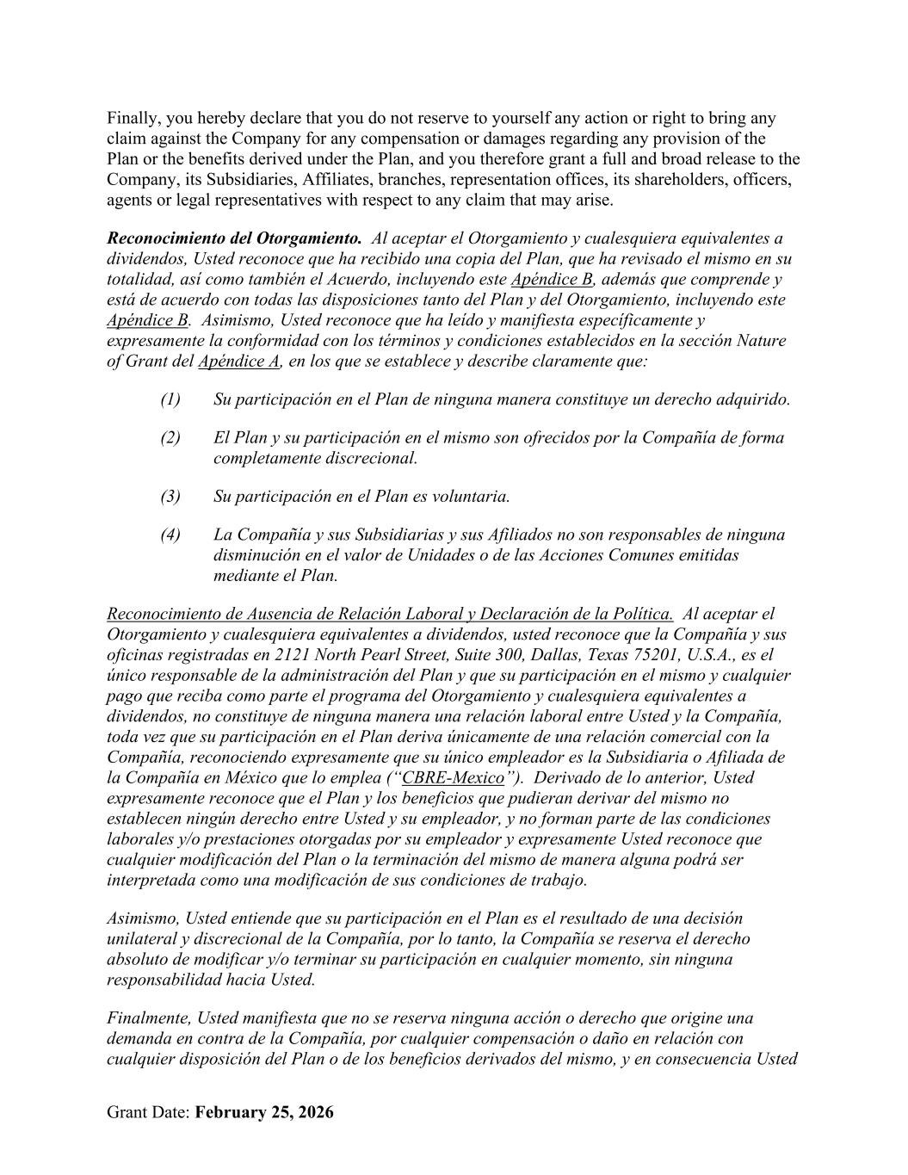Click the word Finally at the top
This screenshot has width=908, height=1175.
[133, 118]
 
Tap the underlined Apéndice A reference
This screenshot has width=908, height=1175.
[238, 362]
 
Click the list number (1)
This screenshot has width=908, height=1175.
[170, 399]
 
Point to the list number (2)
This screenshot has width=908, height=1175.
[170, 437]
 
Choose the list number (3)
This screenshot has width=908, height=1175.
[170, 497]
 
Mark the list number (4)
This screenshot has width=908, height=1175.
[170, 535]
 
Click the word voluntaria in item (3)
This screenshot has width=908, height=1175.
[472, 497]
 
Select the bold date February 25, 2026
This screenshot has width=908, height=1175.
[264, 1112]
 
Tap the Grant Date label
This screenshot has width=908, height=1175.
[148, 1112]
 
